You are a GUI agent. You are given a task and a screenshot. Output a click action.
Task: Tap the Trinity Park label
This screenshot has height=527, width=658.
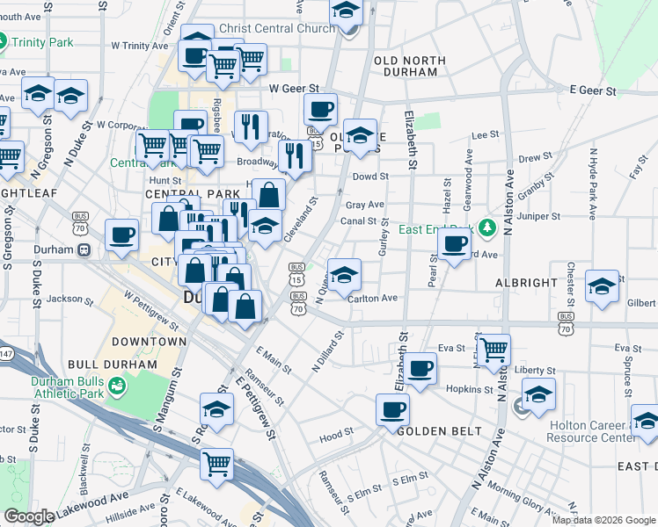pyautogui.click(x=40, y=40)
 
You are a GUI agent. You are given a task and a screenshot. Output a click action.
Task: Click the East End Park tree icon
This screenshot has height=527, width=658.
pyautogui.click(x=483, y=228)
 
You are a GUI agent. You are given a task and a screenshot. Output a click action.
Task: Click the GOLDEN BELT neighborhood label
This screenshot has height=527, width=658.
pyautogui.click(x=439, y=431)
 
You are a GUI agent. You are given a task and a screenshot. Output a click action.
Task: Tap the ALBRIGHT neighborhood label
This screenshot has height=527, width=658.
pyautogui.click(x=526, y=283)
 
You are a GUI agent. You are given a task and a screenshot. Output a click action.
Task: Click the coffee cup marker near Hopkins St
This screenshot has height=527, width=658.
pyautogui.click(x=420, y=369)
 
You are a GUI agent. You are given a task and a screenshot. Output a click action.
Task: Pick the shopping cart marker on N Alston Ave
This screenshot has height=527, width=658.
pyautogui.click(x=493, y=349)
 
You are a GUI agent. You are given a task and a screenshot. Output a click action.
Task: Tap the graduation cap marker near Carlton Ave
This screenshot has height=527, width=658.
pyautogui.click(x=344, y=274)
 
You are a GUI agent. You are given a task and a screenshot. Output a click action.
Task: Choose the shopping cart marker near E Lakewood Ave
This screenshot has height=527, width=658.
pyautogui.click(x=216, y=463)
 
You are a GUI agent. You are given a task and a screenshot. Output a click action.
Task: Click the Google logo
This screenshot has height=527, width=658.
pyautogui.click(x=29, y=516)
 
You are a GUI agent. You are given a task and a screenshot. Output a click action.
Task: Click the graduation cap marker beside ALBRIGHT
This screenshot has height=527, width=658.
pyautogui.click(x=602, y=286)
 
